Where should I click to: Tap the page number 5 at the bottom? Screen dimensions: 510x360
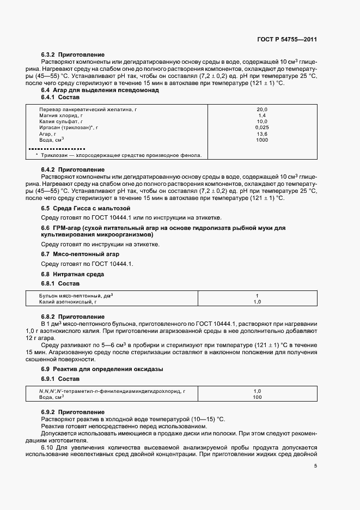pos(315,465)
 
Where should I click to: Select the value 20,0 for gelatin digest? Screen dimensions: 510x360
pos(262,110)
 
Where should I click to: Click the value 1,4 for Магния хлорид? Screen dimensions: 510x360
pos(262,116)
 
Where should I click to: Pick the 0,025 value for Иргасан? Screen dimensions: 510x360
pos(262,127)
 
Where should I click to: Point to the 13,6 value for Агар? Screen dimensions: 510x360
pos(262,133)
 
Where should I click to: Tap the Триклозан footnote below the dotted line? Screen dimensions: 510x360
pos(119,155)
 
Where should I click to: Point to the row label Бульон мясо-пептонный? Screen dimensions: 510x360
pos(75,295)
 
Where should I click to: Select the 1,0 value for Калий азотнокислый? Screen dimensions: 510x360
pos(258,301)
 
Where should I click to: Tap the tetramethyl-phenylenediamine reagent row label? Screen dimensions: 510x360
pos(112,391)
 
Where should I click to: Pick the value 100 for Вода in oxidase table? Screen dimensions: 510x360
pos(258,397)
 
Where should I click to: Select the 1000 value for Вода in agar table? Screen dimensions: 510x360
pos(262,140)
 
